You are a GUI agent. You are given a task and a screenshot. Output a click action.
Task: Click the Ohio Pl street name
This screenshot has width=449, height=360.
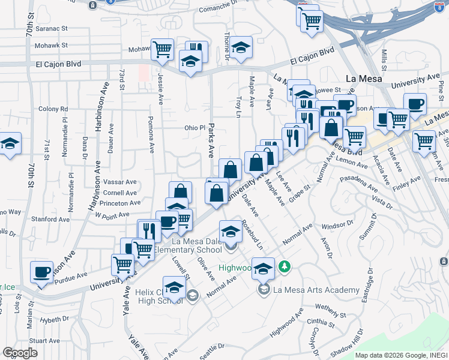[194, 128]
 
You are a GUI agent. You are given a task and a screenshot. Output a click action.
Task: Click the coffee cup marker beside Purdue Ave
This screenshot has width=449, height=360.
[42, 272]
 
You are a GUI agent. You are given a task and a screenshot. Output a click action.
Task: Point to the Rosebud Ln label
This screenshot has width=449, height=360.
[252, 234]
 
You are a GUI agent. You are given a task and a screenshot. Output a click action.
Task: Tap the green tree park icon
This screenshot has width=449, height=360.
[286, 266]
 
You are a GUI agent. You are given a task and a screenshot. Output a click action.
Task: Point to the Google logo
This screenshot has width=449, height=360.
[20, 353]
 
